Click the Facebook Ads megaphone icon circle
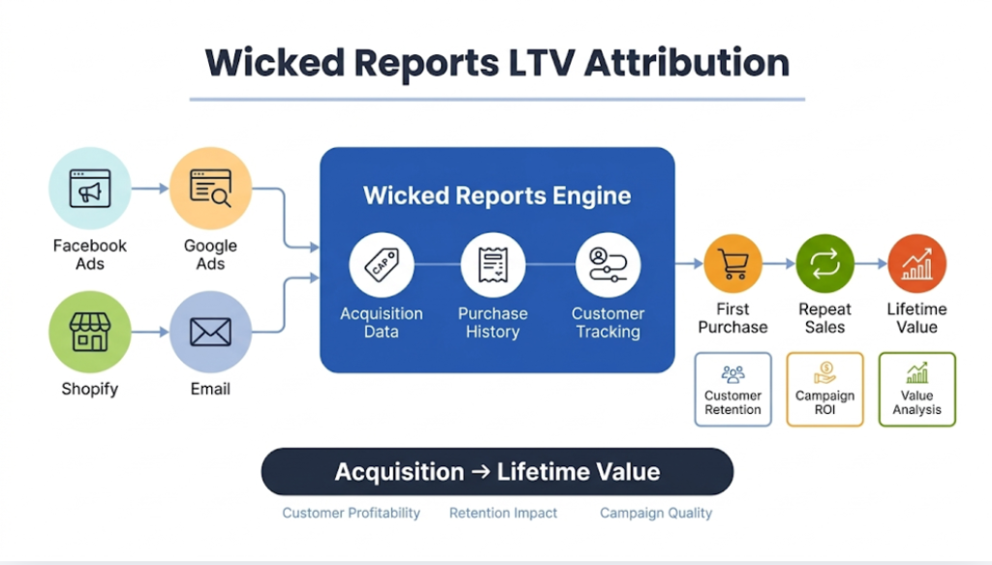90,188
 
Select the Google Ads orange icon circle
210,188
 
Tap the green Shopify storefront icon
90,331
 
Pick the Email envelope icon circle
210,331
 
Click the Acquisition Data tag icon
381,264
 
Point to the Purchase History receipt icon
493,264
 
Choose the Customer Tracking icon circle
607,264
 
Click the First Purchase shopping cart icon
733,264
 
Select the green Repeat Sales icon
824,264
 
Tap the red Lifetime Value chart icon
916,264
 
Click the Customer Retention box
733,389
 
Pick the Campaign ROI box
824,389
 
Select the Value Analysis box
916,389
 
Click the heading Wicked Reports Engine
497,195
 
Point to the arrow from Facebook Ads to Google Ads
150,188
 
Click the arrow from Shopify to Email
150,331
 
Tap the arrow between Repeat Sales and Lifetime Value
871,264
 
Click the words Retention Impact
504,513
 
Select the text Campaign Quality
656,513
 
